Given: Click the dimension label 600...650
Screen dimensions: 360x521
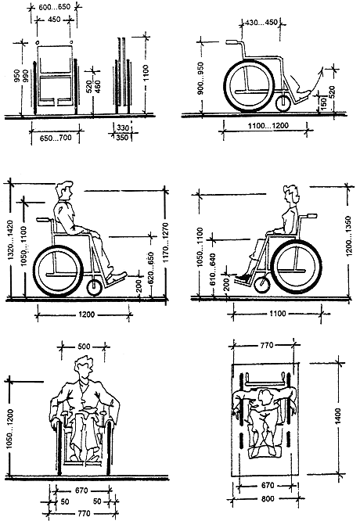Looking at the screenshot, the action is (54, 6).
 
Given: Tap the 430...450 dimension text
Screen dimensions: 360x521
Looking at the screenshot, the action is (261, 22).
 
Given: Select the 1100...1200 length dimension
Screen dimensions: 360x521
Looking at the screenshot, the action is (268, 126).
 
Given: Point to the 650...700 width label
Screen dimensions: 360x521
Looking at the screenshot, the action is (56, 138).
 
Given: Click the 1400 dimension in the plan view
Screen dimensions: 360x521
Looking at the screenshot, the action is (338, 416).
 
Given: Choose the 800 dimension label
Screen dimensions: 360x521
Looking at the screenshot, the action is (268, 498).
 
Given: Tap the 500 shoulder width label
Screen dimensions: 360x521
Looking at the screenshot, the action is (84, 347).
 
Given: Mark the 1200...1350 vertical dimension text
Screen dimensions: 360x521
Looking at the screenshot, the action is (348, 236).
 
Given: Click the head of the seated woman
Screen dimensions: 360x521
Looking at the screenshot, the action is (291, 194).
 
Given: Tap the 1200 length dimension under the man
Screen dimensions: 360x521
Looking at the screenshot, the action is (86, 314).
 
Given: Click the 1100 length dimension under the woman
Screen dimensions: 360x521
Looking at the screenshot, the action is (278, 314).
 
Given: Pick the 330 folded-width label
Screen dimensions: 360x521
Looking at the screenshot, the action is (122, 128).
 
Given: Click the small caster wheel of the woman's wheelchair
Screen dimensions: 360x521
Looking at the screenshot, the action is (263, 285).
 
